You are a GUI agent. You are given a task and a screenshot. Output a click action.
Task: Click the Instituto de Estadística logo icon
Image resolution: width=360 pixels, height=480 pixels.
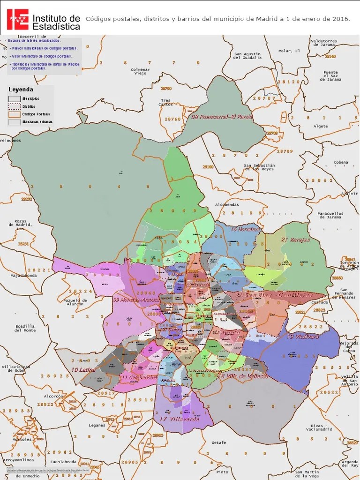click(x=18, y=19)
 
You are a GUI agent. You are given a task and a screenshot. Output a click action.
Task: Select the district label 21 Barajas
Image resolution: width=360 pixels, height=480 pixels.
click(x=295, y=240)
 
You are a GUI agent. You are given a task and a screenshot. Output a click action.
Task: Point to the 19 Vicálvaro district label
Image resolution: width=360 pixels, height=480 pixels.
click(x=303, y=336)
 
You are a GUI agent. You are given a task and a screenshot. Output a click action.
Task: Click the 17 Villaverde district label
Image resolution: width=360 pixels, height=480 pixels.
click(x=179, y=419)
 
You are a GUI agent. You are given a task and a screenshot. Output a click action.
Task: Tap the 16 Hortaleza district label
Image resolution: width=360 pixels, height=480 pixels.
click(x=245, y=229)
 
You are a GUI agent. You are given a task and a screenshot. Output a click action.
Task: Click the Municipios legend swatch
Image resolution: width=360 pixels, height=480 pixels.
click(x=15, y=99)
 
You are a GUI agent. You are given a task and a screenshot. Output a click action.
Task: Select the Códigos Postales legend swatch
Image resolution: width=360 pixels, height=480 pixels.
click(x=15, y=114)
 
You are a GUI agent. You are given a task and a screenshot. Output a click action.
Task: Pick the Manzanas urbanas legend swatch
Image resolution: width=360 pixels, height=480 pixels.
click(x=15, y=122)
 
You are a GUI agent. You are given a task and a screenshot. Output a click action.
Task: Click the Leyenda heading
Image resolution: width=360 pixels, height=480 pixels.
click(x=21, y=89)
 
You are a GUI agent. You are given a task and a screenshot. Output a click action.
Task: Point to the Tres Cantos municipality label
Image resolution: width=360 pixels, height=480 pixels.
click(x=165, y=102)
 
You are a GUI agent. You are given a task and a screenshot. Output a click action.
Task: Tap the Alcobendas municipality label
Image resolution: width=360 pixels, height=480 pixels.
click(x=227, y=205)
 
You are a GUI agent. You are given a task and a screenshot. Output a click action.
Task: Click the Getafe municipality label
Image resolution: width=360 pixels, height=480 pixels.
click(x=218, y=442)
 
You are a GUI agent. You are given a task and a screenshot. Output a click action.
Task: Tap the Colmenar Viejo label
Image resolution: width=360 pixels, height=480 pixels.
click(x=140, y=71)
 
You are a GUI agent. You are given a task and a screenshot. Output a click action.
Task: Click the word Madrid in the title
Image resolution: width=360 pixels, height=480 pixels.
click(x=268, y=19)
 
